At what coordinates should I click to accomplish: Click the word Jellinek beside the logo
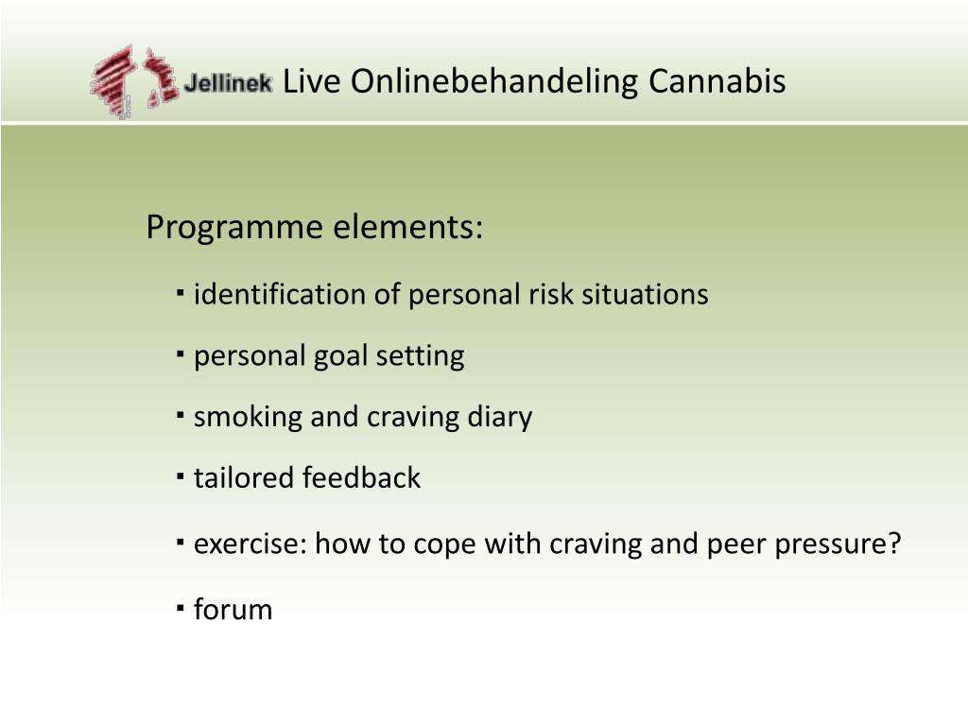pyautogui.click(x=228, y=83)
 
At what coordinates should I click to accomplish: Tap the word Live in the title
pyautogui.click(x=311, y=81)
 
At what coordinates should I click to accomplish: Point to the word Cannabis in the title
pyautogui.click(x=717, y=81)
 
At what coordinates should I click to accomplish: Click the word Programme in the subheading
pyautogui.click(x=234, y=227)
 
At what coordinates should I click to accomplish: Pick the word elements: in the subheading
pyautogui.click(x=408, y=227)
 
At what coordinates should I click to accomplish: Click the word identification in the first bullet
pyautogui.click(x=280, y=294)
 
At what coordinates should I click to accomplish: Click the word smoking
pyautogui.click(x=247, y=417)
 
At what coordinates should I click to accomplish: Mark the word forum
pyautogui.click(x=233, y=610)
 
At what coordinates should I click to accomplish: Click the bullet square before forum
pyautogui.click(x=181, y=609)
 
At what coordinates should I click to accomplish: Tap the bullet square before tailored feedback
pyautogui.click(x=181, y=477)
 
